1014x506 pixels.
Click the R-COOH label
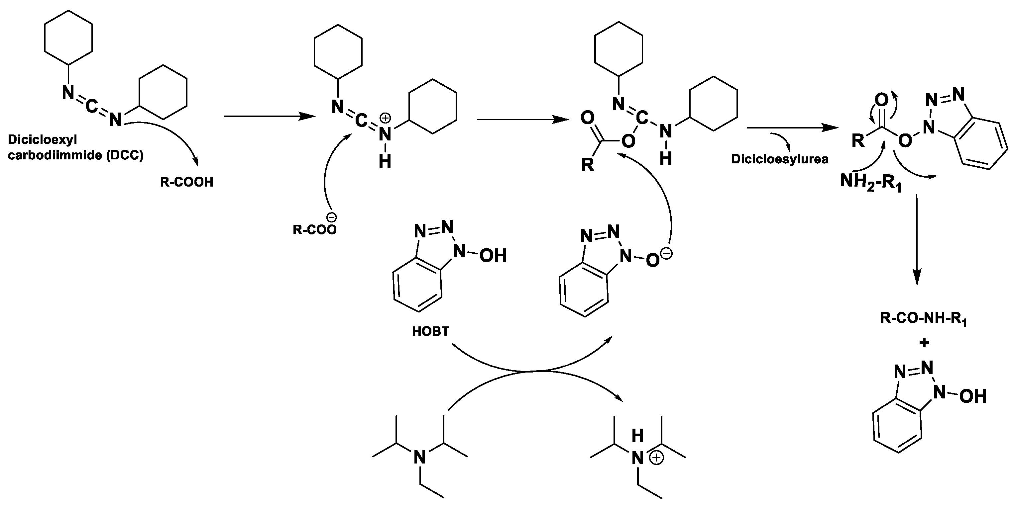pos(186,182)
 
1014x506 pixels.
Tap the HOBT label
pos(430,331)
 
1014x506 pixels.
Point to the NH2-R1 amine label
pos(870,182)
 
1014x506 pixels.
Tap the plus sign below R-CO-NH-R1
pos(924,343)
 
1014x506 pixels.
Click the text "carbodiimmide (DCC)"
pos(75,155)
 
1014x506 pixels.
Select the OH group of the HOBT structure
pos(493,256)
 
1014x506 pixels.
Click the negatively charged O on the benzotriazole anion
pos(652,260)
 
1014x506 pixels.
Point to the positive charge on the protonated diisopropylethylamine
pos(656,459)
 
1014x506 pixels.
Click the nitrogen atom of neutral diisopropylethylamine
pos(420,458)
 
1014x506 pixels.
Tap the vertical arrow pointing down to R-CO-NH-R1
pos(917,240)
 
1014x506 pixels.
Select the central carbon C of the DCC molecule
pos(91,106)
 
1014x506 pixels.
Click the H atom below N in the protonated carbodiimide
pos(385,161)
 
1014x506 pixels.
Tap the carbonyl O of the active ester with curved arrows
pos(881,100)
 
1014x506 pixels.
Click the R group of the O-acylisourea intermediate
pos(587,165)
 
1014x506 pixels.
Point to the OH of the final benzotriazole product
pos(973,397)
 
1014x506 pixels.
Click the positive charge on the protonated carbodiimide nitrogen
pos(386,118)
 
